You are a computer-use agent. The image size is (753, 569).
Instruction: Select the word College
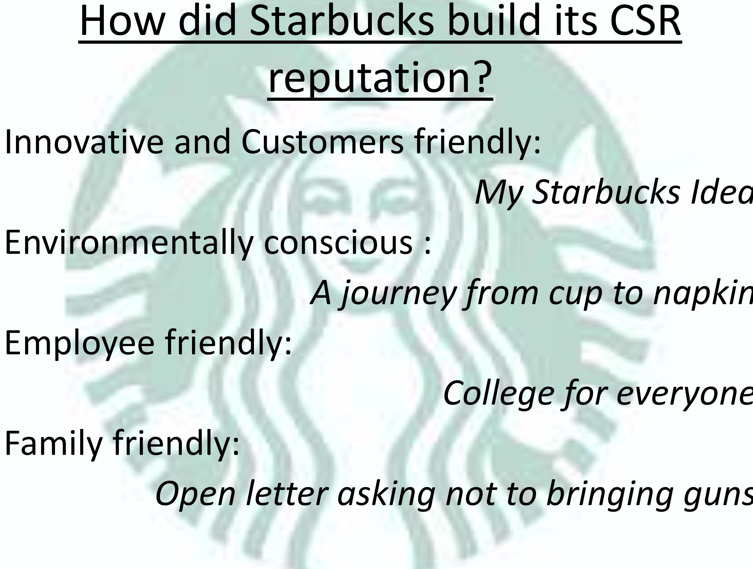pyautogui.click(x=498, y=394)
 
